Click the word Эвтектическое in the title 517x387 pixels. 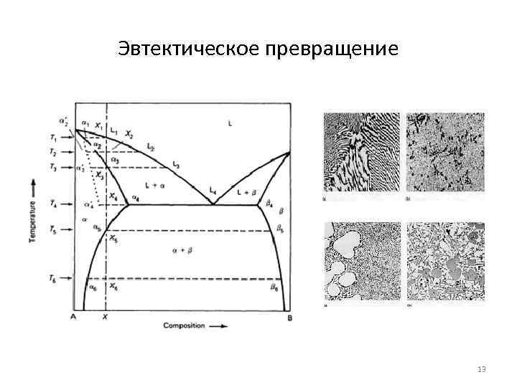(x=187, y=49)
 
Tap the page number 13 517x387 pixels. (x=481, y=369)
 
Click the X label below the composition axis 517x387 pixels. (x=106, y=316)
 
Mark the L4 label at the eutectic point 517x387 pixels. (x=213, y=190)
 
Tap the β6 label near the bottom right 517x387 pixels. (x=274, y=287)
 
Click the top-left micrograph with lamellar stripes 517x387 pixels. (x=362, y=153)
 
